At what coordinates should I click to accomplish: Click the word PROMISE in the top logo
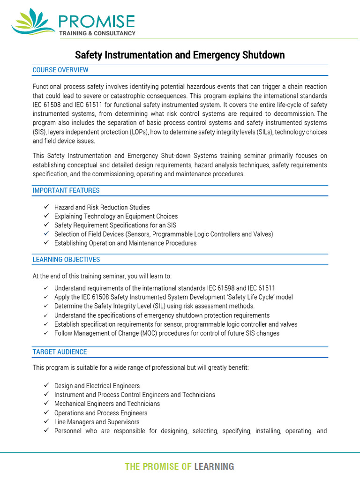(x=97, y=21)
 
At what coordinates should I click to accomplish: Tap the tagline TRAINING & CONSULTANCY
(x=97, y=33)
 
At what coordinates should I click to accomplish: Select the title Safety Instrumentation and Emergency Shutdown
(x=180, y=55)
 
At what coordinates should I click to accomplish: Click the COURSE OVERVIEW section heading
(x=60, y=70)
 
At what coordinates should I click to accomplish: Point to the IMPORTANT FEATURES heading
(x=66, y=190)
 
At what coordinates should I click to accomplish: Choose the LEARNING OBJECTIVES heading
(x=66, y=259)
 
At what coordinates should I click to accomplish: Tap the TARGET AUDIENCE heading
(x=60, y=352)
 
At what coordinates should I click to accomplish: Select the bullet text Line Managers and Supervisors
(x=97, y=422)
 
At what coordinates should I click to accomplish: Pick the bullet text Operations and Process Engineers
(x=101, y=413)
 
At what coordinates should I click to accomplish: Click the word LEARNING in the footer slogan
(x=214, y=466)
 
